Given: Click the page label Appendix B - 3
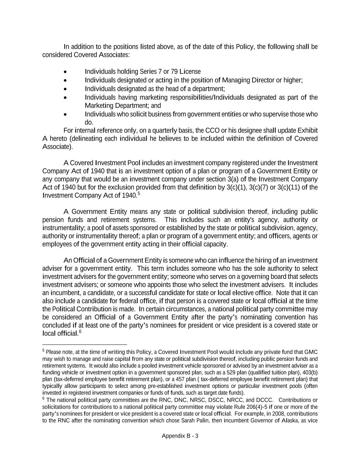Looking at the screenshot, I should tap(180, 436).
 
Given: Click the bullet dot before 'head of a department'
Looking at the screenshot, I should tap(65, 89).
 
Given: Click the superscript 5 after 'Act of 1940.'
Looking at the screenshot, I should tap(139, 194).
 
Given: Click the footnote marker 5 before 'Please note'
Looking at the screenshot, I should tap(44, 351).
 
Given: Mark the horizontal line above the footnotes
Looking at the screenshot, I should tap(85, 345).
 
